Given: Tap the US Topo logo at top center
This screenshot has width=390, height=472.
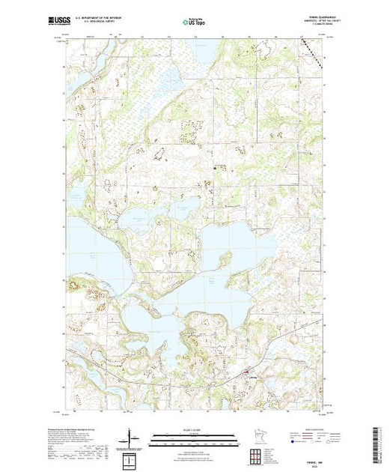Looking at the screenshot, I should [194, 22].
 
